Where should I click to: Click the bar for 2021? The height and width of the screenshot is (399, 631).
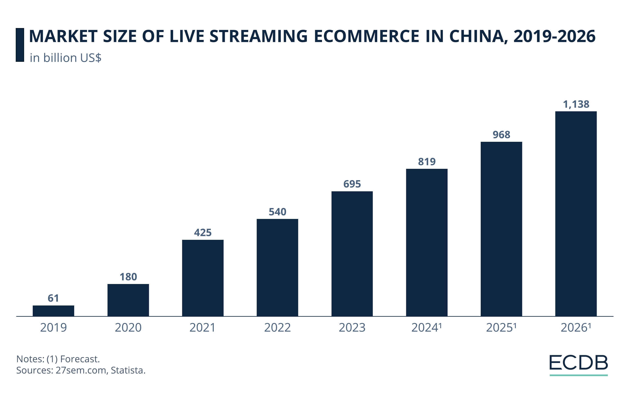(203, 278)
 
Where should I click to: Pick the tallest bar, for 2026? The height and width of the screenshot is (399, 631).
(576, 214)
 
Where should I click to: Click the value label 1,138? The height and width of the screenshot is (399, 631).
(576, 104)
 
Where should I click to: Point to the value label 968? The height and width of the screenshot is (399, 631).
(501, 135)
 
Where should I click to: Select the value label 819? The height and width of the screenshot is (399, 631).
(427, 162)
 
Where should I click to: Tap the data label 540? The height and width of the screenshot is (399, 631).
(277, 212)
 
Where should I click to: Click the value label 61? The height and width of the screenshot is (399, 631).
(54, 298)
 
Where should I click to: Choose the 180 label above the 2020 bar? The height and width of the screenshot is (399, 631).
(128, 277)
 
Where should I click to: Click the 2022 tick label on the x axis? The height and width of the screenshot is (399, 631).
(277, 328)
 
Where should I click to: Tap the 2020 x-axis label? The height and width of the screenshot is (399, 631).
(128, 328)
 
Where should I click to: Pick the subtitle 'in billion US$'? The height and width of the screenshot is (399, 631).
(66, 58)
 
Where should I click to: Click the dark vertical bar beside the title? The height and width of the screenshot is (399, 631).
(20, 45)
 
